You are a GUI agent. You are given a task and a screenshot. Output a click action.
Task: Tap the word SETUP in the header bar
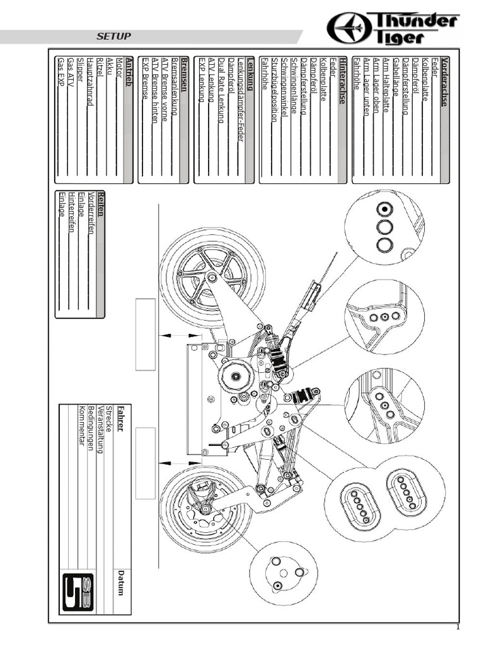point(114,37)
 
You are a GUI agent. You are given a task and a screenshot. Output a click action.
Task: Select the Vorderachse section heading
point(445,81)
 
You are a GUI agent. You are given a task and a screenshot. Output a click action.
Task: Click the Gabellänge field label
point(395,78)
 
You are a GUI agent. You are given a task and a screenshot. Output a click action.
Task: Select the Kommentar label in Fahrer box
point(81,425)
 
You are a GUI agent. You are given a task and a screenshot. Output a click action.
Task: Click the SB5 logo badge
point(78,594)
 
